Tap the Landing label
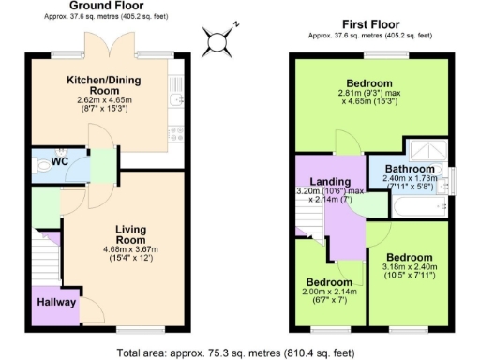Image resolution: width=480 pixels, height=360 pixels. (333, 182)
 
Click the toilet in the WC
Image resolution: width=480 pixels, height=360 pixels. (38, 163)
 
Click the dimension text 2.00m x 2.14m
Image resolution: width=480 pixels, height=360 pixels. (330, 292)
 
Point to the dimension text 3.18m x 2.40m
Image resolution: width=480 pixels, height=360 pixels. (408, 268)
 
